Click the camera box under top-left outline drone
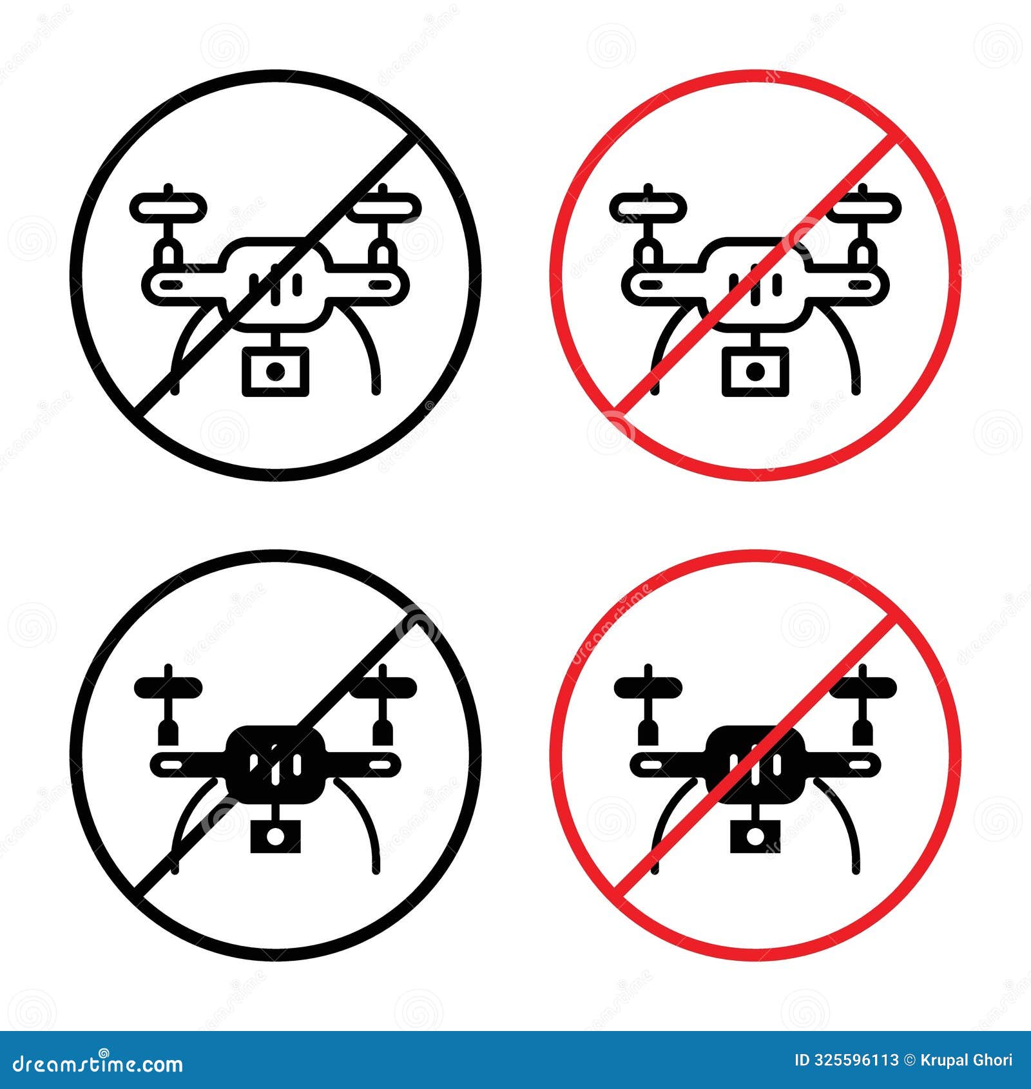coord(275,371)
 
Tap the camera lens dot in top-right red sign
coord(755,371)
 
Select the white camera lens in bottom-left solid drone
coord(275,836)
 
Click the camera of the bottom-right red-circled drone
coord(755,836)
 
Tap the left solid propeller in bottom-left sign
coord(169,687)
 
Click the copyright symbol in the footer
coord(911,1060)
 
